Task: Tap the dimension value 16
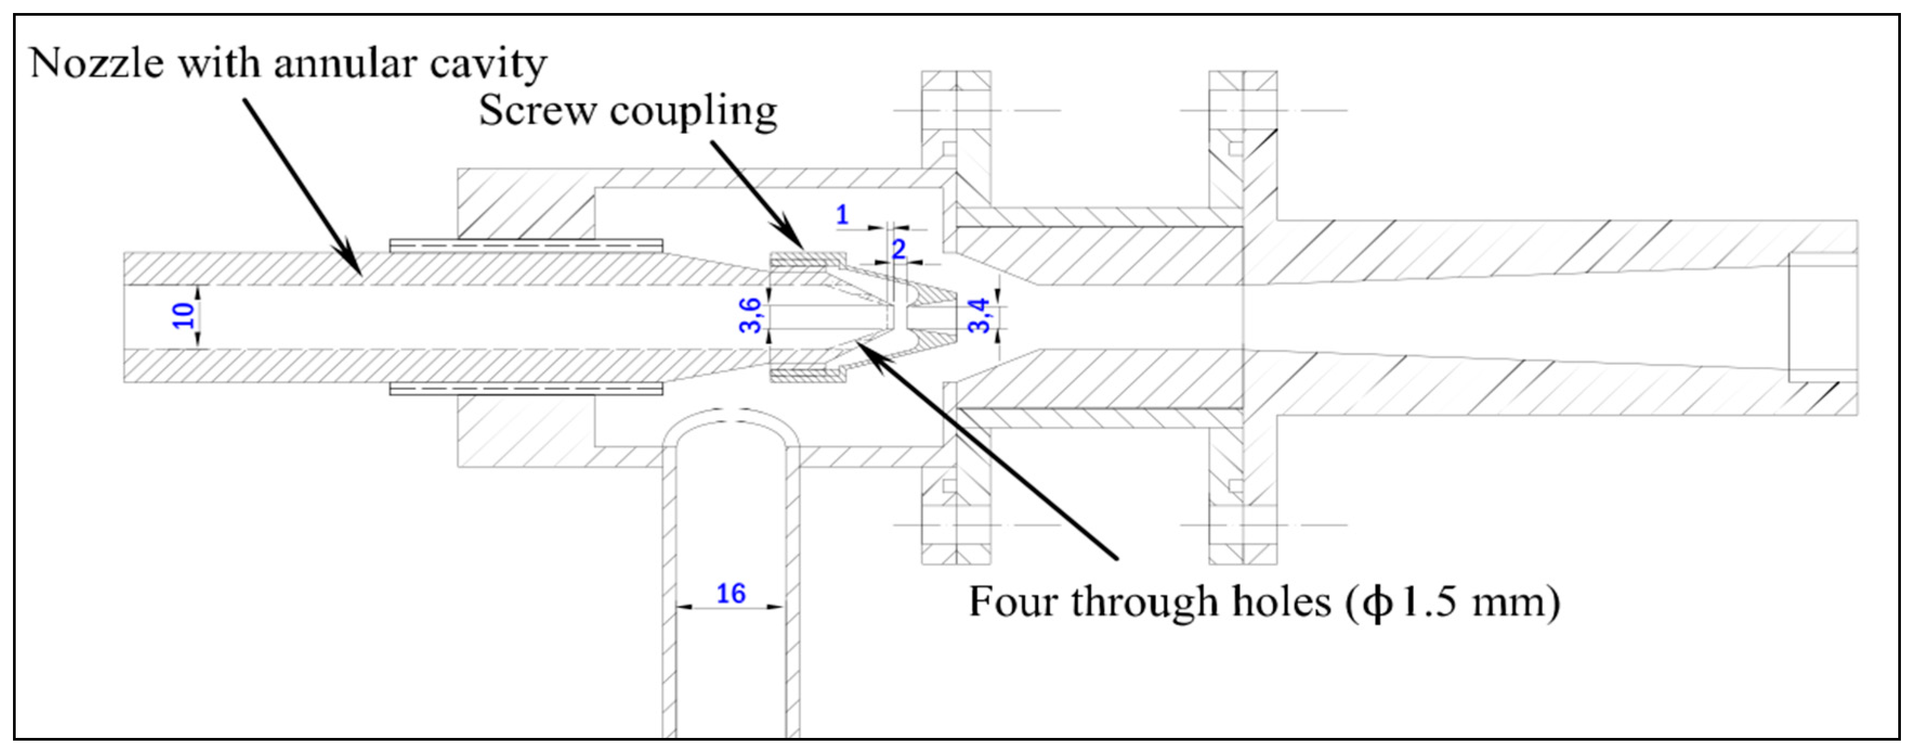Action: pos(730,593)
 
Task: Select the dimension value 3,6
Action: pos(751,316)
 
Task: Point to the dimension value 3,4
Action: pos(980,316)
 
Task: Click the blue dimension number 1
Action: pos(842,215)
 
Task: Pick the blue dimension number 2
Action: pos(899,249)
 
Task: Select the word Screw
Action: pos(537,111)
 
